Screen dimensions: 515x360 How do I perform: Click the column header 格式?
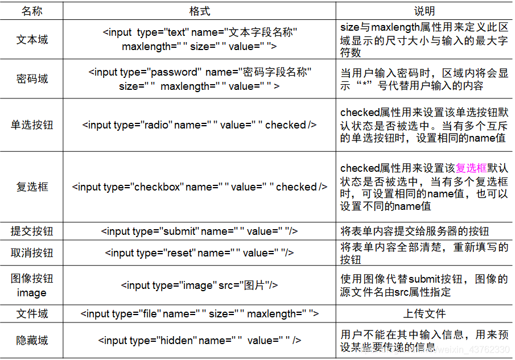199,11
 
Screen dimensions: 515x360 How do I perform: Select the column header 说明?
424,11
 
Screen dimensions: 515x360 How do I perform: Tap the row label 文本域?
32,40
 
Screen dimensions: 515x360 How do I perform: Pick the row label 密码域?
32,79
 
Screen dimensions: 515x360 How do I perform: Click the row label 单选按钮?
32,125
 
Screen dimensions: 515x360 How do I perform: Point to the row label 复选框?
32,187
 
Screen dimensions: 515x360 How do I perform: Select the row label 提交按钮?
32,231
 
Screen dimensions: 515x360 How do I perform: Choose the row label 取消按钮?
32,253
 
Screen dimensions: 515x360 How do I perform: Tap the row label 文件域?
32,313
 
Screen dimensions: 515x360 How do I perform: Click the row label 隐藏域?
32,340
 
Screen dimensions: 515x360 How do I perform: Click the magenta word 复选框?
472,168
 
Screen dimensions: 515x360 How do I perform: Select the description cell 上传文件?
424,313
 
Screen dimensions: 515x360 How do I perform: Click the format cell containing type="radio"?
199,125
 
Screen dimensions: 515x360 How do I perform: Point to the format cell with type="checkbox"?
199,187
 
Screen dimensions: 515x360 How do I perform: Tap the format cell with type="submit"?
199,231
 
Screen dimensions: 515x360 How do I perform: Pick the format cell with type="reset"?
199,253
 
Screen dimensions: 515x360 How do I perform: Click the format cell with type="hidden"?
199,340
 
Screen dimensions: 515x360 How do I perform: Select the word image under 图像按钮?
32,292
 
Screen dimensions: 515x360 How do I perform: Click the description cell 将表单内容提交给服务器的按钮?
415,231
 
